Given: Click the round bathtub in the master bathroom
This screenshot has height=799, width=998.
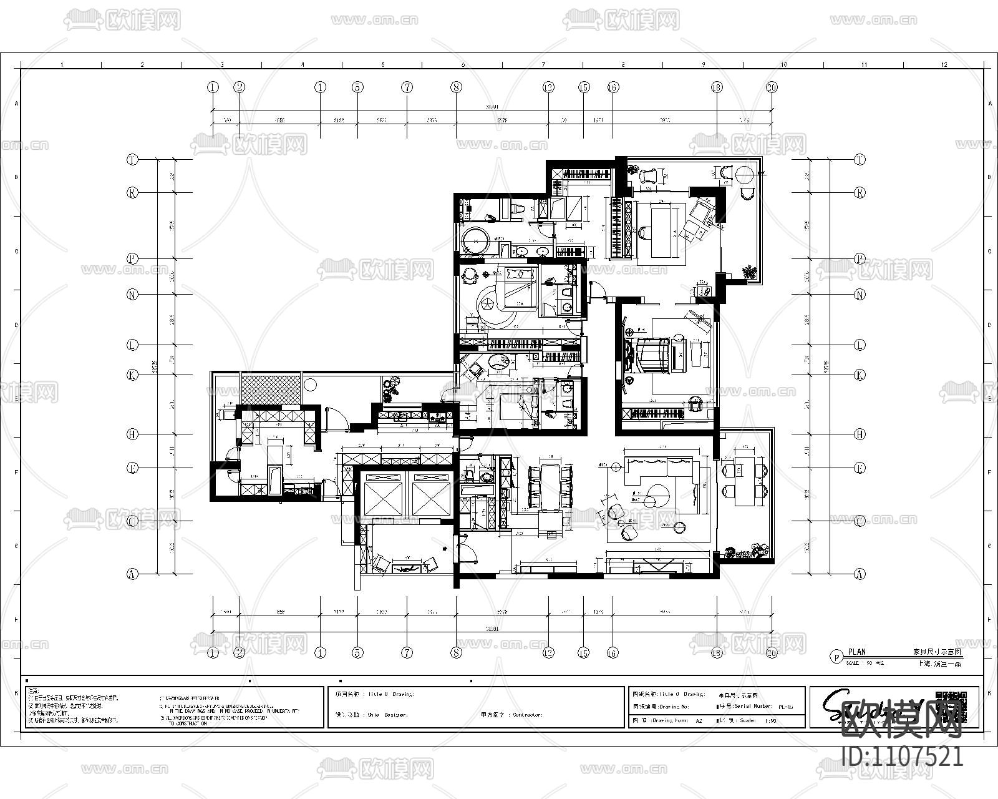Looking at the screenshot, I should [477, 241].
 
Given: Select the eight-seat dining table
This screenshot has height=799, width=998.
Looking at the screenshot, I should [551, 486].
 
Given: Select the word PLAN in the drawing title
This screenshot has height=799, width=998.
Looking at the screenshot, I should [856, 652].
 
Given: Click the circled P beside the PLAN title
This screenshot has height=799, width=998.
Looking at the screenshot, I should [836, 657].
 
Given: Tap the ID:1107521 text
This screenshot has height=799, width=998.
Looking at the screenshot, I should [902, 757].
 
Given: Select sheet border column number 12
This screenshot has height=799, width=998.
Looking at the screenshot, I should [944, 64].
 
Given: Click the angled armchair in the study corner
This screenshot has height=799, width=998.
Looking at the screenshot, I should [702, 212].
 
